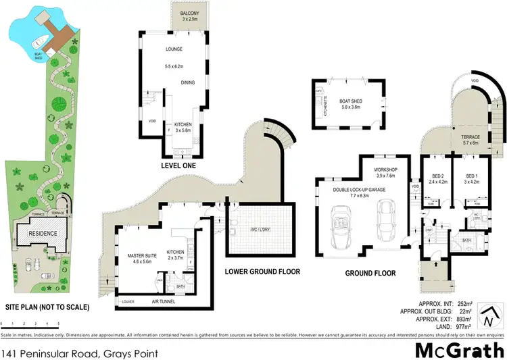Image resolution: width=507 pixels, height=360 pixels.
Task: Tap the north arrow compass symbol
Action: pos(491,315)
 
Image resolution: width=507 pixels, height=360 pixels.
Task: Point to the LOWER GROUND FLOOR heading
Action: pos(263,272)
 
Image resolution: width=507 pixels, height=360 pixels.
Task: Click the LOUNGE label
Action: pos(175,49)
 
